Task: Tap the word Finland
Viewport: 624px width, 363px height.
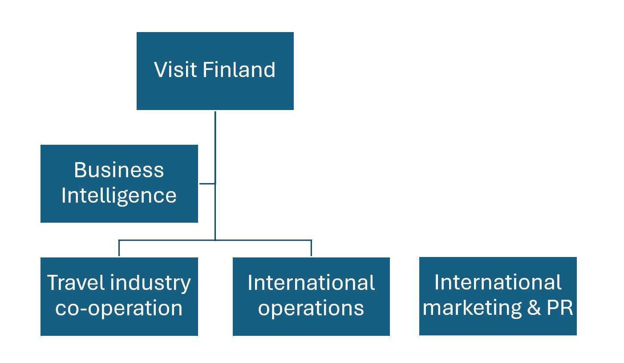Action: [x=239, y=70]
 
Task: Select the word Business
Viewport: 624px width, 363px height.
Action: [x=119, y=170]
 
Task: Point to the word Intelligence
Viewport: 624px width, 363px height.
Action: [x=119, y=196]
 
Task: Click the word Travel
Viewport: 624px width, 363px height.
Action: [x=75, y=283]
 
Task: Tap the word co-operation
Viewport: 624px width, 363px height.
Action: [x=119, y=308]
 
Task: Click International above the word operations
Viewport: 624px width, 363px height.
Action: [x=311, y=283]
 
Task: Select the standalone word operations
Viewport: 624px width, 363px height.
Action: [x=311, y=308]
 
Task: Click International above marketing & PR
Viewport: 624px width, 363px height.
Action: [x=498, y=282]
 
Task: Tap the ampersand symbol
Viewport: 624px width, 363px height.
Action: [x=535, y=308]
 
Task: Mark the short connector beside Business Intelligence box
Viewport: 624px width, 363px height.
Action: [x=207, y=183]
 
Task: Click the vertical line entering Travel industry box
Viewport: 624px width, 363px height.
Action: [x=119, y=248]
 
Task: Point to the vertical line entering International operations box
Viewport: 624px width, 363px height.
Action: [x=311, y=248]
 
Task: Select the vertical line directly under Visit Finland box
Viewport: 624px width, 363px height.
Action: [x=215, y=143]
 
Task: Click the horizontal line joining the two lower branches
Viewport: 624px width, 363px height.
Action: [x=263, y=241]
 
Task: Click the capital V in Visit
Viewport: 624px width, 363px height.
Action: [x=160, y=70]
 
